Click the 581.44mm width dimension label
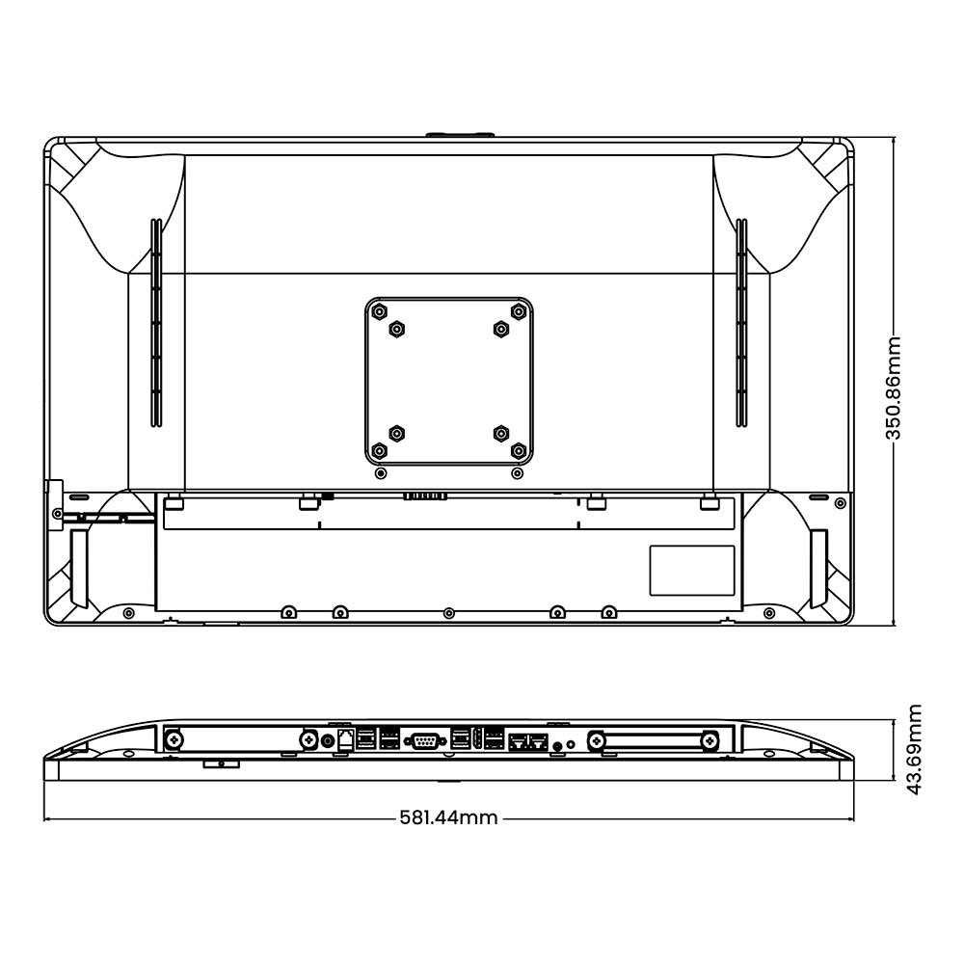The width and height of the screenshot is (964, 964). click(x=449, y=818)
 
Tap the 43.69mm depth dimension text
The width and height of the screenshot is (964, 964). click(x=916, y=749)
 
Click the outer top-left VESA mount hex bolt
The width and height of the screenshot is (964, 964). click(x=380, y=311)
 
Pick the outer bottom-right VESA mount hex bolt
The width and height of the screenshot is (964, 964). click(x=519, y=450)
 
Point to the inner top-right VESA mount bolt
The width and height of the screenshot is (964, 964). click(x=500, y=330)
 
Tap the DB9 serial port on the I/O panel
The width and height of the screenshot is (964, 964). click(x=424, y=740)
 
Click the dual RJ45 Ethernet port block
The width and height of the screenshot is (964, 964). click(x=528, y=741)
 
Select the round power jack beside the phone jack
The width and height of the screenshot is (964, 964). click(x=326, y=740)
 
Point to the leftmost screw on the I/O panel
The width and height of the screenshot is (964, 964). click(x=174, y=739)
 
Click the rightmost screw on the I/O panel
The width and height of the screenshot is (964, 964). click(x=710, y=740)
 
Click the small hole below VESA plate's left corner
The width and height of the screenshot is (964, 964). click(x=380, y=473)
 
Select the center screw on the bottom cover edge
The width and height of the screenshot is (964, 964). click(x=448, y=613)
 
